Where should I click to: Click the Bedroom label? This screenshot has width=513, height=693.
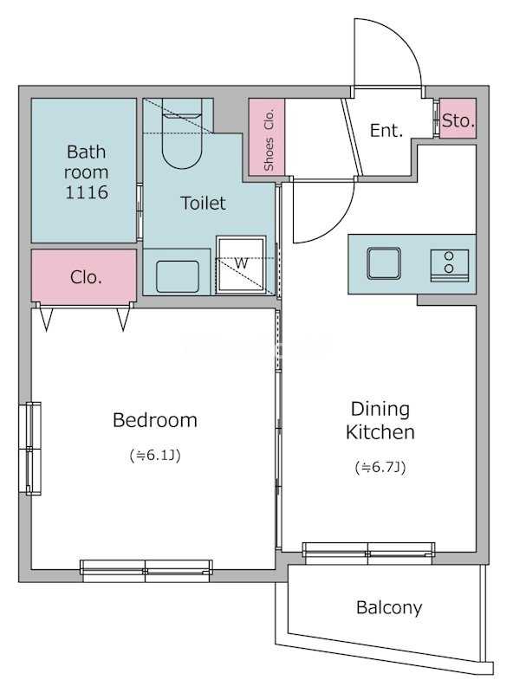[155, 420]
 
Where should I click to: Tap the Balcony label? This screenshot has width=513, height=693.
[389, 608]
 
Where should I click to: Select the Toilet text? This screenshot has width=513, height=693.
[204, 203]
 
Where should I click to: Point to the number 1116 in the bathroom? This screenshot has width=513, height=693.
[87, 192]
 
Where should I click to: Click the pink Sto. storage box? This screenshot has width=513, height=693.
[458, 118]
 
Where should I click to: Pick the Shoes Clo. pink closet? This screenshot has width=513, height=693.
[267, 136]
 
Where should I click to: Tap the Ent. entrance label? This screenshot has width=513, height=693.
[386, 131]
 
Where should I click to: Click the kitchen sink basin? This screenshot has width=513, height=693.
[384, 263]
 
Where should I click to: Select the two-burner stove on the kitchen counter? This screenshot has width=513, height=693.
[450, 266]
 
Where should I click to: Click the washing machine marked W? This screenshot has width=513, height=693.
[241, 264]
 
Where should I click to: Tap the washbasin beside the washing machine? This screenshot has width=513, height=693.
[178, 276]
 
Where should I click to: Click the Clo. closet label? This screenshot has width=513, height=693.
[86, 277]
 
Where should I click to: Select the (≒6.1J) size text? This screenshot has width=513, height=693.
[155, 456]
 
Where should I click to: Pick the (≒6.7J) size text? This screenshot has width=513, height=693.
[380, 467]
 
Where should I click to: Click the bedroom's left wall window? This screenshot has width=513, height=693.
[30, 448]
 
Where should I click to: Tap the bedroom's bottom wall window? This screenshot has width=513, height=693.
[146, 571]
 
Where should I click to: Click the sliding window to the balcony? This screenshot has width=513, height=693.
[368, 553]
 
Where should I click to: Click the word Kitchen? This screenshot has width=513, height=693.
[380, 432]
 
